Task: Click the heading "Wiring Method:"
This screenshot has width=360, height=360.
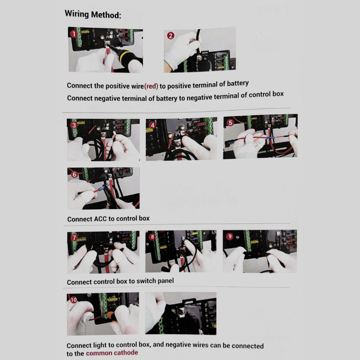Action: point(93,14)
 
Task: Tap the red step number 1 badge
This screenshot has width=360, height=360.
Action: point(74,34)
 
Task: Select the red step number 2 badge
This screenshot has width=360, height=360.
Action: point(171,36)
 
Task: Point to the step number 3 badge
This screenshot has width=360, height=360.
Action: point(74,125)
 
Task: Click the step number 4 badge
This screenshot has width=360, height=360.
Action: point(153,125)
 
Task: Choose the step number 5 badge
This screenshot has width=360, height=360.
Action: point(230,123)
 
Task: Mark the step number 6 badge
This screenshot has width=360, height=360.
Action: point(74,174)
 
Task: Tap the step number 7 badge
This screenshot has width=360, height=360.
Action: point(74,237)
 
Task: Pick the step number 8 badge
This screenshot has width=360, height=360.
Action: point(152,237)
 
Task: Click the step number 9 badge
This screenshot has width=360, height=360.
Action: point(230,236)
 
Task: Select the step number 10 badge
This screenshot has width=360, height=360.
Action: point(73,300)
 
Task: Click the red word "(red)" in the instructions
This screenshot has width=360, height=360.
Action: point(151,86)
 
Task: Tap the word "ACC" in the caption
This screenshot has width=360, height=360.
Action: point(100,219)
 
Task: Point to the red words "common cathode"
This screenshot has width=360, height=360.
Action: point(112,353)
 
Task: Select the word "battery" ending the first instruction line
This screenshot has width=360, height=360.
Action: point(238,84)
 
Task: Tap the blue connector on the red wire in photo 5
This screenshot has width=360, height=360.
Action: point(270,138)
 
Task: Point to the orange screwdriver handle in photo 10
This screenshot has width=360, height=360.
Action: point(111,316)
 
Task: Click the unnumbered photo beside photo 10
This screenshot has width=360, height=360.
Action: point(181,314)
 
